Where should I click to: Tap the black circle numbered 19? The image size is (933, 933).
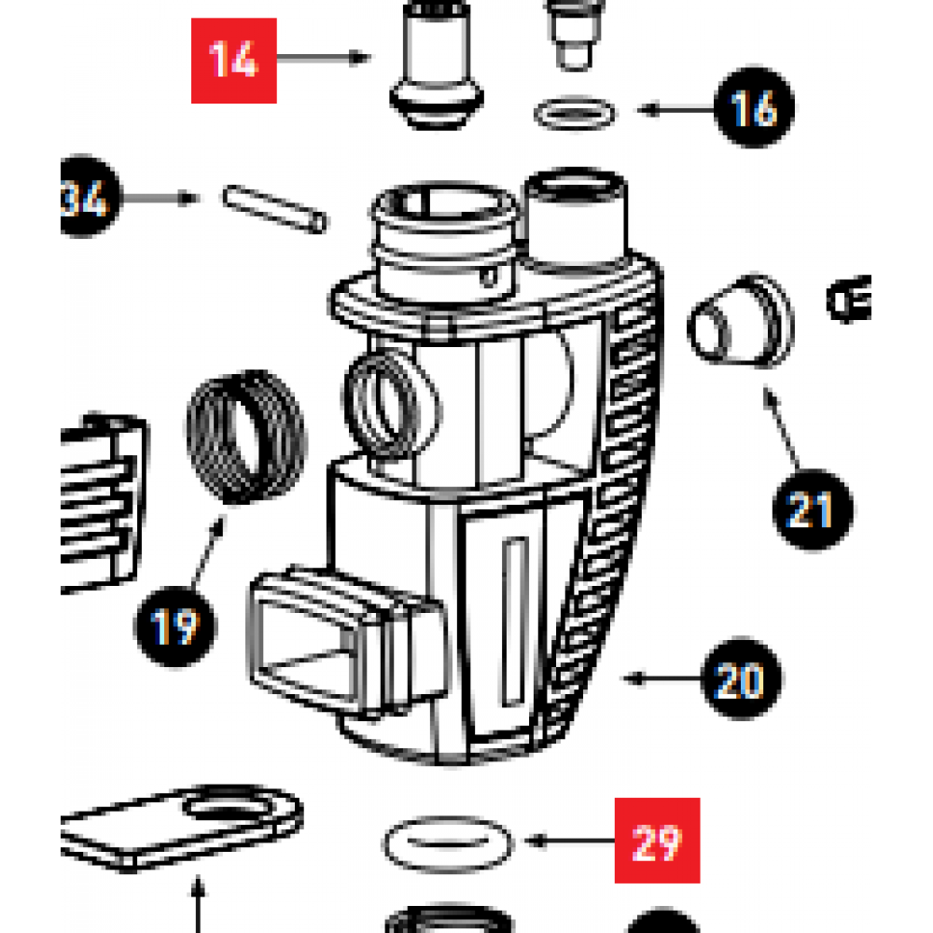tap(174, 625)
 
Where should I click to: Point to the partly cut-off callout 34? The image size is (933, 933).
tap(89, 199)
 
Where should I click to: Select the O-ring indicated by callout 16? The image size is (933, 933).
tap(576, 115)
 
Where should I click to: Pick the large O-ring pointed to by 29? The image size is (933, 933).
tap(448, 843)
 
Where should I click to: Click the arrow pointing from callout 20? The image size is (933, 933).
tap(663, 678)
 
